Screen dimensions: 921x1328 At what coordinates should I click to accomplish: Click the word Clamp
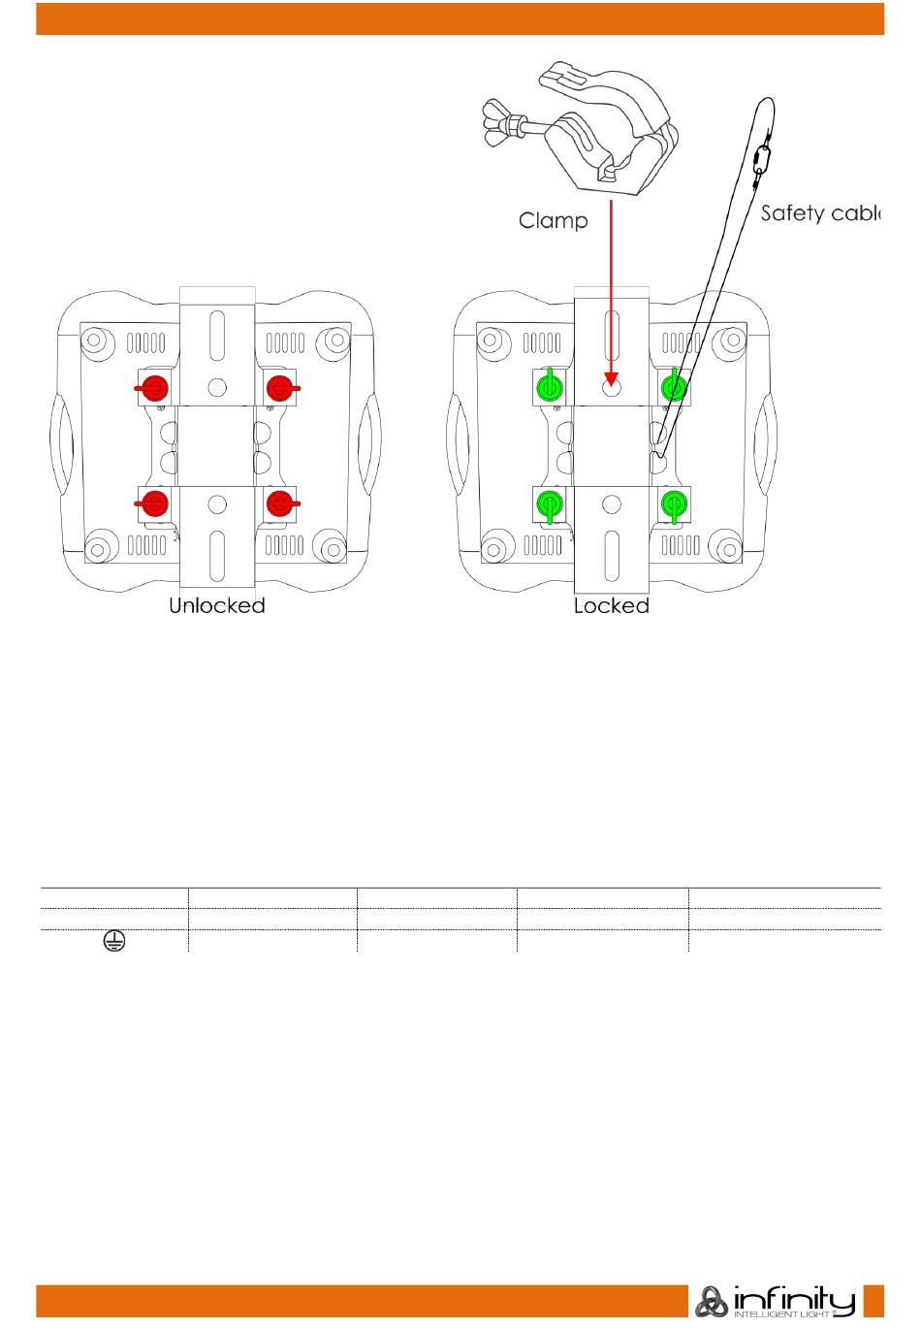(x=553, y=221)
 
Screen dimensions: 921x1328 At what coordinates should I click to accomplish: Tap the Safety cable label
(x=819, y=213)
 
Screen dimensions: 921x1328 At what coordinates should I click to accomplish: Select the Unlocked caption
(x=217, y=606)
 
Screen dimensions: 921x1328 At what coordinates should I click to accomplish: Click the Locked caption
(x=611, y=606)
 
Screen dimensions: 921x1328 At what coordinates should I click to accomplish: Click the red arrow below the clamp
(x=611, y=281)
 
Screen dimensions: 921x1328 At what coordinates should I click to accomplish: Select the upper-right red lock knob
(x=280, y=388)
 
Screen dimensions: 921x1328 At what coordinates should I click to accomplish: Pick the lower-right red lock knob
(x=280, y=502)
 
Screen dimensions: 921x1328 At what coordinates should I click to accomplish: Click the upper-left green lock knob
(x=550, y=388)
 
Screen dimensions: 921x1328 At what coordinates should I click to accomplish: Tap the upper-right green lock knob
(x=673, y=388)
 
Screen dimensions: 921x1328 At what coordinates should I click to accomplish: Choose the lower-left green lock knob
(x=550, y=503)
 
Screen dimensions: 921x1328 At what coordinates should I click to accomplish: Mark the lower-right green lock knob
(x=673, y=503)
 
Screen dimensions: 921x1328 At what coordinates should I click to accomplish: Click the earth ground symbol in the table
(x=113, y=940)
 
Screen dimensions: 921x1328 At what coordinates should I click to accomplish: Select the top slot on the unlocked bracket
(x=217, y=332)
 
